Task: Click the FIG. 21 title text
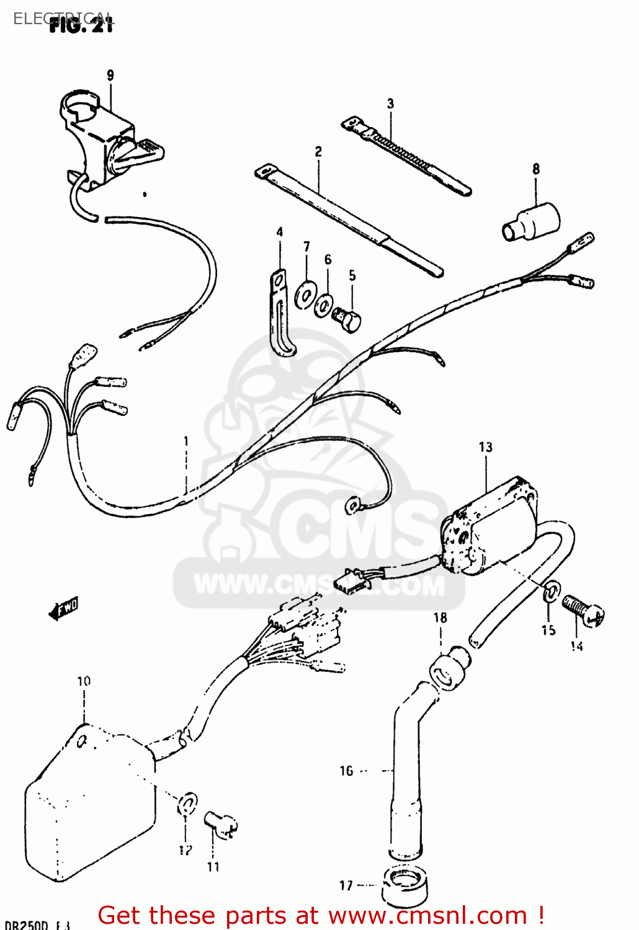tap(81, 25)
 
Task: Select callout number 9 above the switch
tap(110, 76)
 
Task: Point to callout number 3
tap(390, 104)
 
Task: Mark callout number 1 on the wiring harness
tap(185, 441)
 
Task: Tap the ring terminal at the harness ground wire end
tap(354, 505)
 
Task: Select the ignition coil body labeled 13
tap(490, 527)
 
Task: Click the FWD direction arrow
tap(64, 609)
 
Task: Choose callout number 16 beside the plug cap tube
tap(346, 771)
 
